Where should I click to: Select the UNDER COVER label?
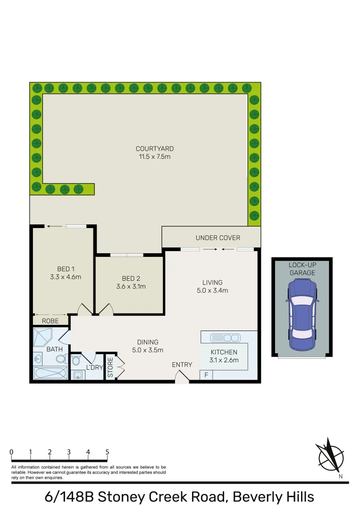pyautogui.click(x=218, y=238)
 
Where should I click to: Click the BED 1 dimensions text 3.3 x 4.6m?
pyautogui.click(x=65, y=277)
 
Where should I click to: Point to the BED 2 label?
pyautogui.click(x=131, y=278)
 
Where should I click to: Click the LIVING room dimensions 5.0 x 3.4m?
pyautogui.click(x=212, y=290)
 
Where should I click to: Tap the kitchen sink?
pyautogui.click(x=225, y=338)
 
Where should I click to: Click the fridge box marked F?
pyautogui.click(x=206, y=375)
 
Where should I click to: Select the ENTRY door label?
pyautogui.click(x=182, y=365)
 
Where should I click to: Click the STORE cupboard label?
pyautogui.click(x=110, y=367)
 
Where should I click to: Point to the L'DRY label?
pyautogui.click(x=94, y=367)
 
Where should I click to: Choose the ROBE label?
pyautogui.click(x=50, y=321)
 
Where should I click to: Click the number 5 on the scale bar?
pyautogui.click(x=107, y=452)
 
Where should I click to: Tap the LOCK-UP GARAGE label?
pyautogui.click(x=302, y=269)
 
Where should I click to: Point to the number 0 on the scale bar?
pyautogui.click(x=11, y=452)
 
